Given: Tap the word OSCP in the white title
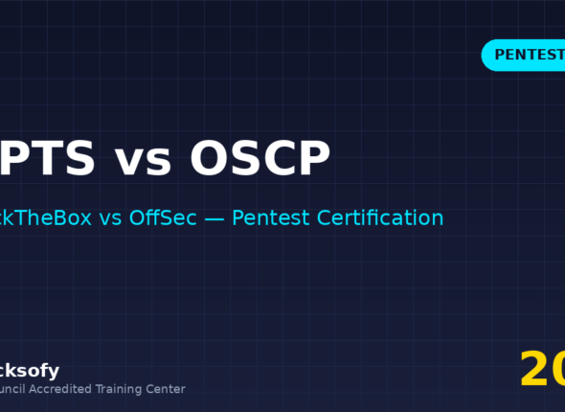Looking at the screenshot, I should tap(260, 159).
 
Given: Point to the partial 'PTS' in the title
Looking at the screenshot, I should tap(48, 159).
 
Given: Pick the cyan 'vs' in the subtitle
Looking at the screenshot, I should tap(111, 217).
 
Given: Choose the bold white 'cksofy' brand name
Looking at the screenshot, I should tap(30, 370).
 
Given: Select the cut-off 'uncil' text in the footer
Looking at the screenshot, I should tap(15, 389).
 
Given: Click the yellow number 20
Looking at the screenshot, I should tap(542, 369).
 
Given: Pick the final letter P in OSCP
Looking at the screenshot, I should tap(313, 159).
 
